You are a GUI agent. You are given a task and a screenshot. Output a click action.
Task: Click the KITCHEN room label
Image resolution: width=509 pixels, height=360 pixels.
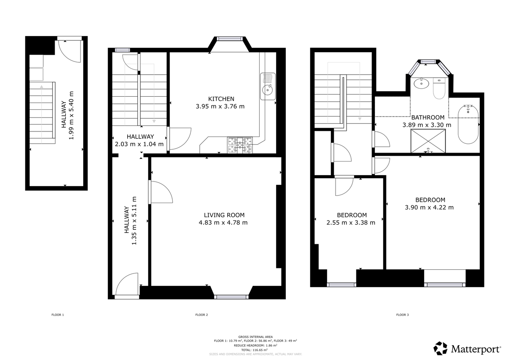[221, 99]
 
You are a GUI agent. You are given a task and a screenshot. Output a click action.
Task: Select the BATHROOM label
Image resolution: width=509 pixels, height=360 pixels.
[428, 117]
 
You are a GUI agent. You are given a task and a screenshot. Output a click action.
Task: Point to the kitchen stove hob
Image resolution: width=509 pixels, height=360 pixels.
[240, 145]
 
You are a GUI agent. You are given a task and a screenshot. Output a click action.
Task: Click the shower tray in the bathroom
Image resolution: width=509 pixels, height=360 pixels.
[428, 141]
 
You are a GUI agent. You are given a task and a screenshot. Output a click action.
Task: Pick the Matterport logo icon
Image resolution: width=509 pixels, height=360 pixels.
[440, 348]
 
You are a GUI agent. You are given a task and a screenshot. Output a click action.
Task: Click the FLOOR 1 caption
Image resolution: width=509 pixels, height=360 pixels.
[57, 315]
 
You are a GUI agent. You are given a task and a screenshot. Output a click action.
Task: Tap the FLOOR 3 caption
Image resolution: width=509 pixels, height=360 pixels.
[402, 315]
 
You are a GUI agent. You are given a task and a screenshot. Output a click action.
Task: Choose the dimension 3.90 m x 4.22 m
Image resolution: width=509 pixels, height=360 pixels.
[430, 207]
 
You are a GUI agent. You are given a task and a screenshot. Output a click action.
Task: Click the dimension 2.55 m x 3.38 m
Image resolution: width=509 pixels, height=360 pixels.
[351, 223]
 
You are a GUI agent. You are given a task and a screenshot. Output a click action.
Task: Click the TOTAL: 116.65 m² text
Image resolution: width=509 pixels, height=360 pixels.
[254, 350]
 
